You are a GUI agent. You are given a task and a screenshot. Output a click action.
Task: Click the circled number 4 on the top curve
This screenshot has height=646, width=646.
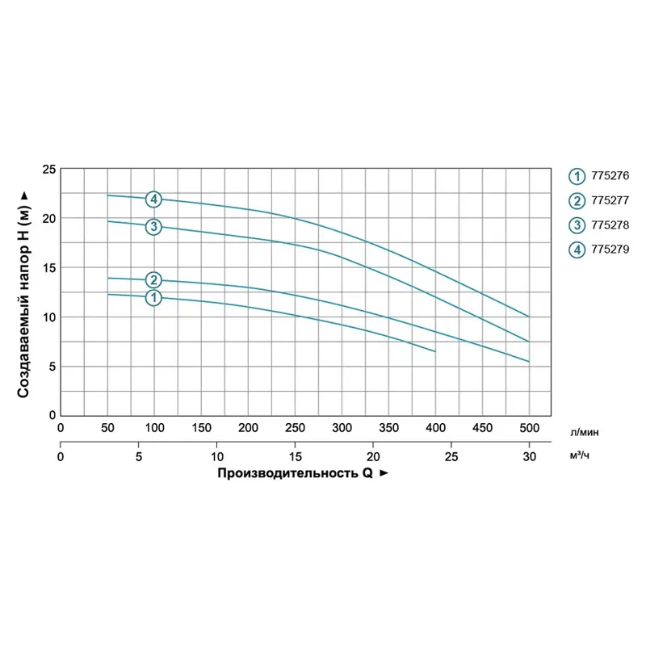pyautogui.click(x=153, y=199)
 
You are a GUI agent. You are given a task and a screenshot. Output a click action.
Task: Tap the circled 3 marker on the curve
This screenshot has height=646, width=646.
pyautogui.click(x=153, y=226)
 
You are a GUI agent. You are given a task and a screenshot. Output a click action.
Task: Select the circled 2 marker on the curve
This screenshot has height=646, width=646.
pyautogui.click(x=153, y=280)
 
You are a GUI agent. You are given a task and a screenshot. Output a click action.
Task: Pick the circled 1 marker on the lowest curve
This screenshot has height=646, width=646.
pyautogui.click(x=153, y=298)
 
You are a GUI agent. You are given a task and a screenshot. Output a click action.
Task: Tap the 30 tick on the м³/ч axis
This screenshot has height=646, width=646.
pyautogui.click(x=529, y=457)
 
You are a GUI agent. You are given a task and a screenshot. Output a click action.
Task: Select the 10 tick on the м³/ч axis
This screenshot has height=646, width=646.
pyautogui.click(x=216, y=457)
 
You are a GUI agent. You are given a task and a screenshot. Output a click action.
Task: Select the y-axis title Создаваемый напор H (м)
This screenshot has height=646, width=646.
pyautogui.click(x=24, y=295)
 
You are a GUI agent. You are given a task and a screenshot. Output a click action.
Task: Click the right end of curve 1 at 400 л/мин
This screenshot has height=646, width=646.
pyautogui.click(x=435, y=351)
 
